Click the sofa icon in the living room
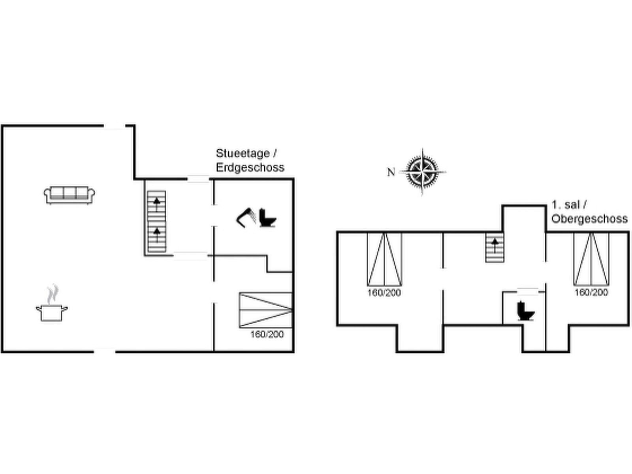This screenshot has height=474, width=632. [70, 195]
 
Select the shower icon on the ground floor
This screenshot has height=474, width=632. [246, 218]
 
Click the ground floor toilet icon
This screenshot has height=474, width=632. [267, 218]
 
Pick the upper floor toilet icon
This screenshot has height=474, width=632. [526, 311]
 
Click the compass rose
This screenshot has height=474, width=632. [422, 172]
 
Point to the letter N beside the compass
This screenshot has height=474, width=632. [391, 172]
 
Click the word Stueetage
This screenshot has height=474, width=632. [243, 153]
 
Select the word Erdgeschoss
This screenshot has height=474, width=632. [250, 167]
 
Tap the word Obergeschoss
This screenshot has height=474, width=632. [589, 219]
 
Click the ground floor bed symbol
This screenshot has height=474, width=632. [266, 310]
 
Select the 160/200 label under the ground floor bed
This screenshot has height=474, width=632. [267, 334]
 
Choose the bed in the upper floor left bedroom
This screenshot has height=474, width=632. [384, 259]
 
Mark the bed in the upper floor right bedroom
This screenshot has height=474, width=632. [591, 259]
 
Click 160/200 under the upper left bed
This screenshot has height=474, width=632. [384, 293]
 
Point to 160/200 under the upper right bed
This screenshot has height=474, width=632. [591, 292]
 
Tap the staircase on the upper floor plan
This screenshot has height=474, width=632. [495, 248]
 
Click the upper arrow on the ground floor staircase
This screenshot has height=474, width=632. [157, 204]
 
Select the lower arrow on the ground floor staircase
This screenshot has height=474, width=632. [157, 235]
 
